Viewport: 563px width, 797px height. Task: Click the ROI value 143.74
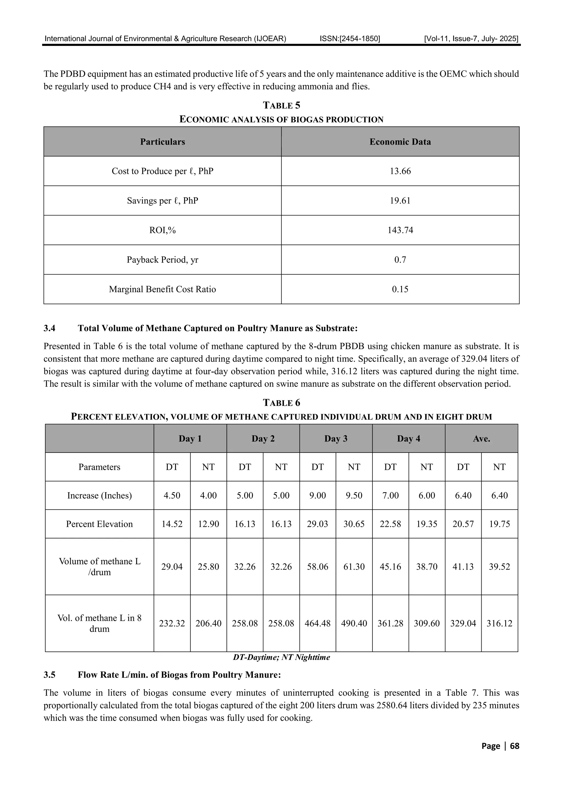pos(400,230)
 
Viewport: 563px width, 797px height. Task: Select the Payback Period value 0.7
pos(400,260)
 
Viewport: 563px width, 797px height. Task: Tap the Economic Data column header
pos(400,142)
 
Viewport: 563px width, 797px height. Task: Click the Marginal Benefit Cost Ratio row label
pos(162,289)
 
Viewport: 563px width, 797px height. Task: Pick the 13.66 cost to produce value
pos(400,171)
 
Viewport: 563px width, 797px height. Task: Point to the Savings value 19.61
pos(400,201)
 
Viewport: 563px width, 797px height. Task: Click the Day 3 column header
pos(335,439)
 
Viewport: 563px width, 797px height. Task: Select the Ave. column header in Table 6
pos(481,439)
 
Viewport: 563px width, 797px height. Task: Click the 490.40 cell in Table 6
pos(354,623)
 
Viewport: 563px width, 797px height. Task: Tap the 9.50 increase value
pos(354,495)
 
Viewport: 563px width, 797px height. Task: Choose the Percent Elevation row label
pos(99,524)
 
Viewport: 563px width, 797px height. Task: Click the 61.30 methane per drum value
pos(354,566)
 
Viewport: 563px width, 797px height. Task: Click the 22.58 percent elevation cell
pos(390,524)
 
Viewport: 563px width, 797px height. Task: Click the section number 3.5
pos(49,675)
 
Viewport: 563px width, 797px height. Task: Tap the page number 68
pos(514,746)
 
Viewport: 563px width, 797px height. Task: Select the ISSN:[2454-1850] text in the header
pos(350,39)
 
